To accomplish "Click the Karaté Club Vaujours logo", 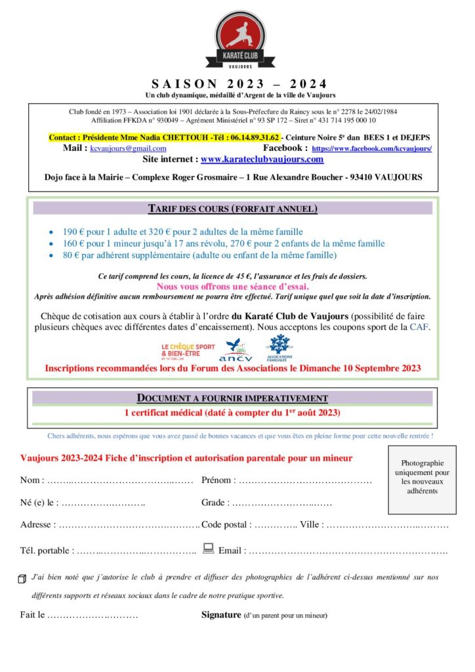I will [x=237, y=40].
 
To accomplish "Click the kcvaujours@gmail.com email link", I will [x=128, y=148].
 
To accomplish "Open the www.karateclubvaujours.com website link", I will [x=262, y=159].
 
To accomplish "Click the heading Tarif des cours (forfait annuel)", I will [x=232, y=209].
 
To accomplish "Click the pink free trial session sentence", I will [x=232, y=286].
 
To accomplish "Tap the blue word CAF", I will [x=419, y=326].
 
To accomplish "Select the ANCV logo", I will [x=235, y=350].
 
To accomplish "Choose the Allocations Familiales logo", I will [x=279, y=347].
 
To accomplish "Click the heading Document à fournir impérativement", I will [x=232, y=398].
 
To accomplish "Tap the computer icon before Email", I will [x=209, y=548].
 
